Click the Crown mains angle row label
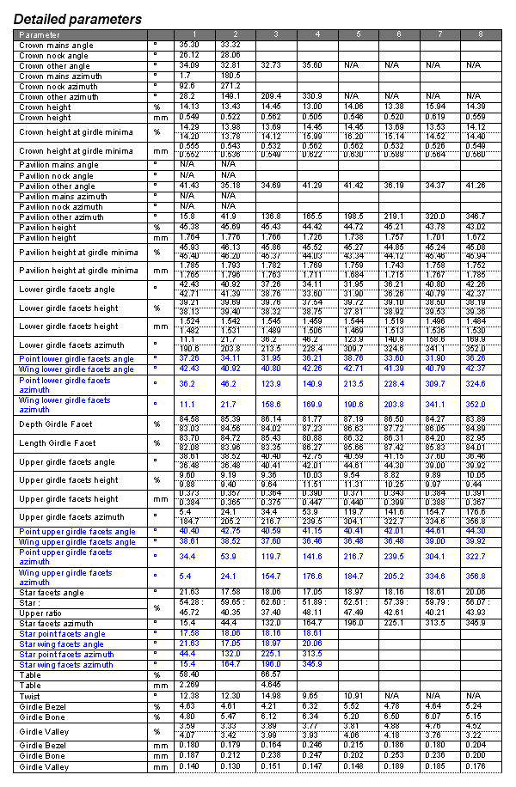pyautogui.click(x=57, y=45)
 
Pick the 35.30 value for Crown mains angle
pyautogui.click(x=188, y=44)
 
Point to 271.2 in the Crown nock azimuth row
pyautogui.click(x=230, y=86)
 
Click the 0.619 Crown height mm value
pyautogui.click(x=436, y=118)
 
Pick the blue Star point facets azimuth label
pyautogui.click(x=66, y=655)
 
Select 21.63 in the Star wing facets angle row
pyautogui.click(x=188, y=644)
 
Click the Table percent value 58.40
pyautogui.click(x=188, y=675)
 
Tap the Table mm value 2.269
pyautogui.click(x=188, y=686)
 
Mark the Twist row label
pyautogui.click(x=30, y=696)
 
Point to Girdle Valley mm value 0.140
pyautogui.click(x=188, y=766)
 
